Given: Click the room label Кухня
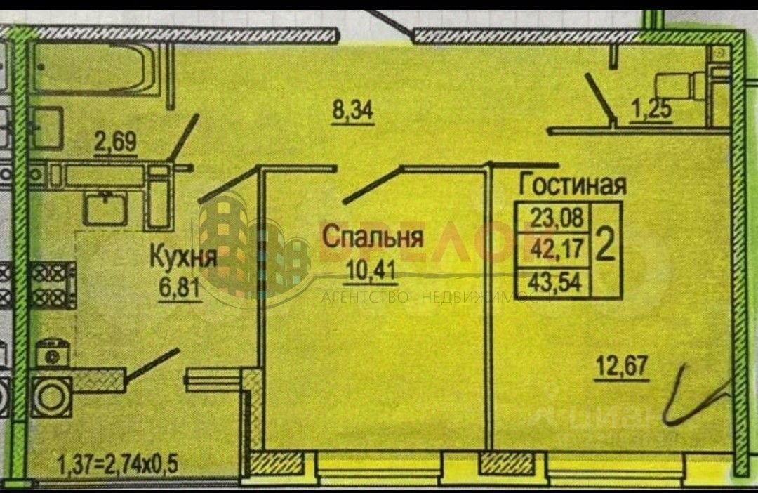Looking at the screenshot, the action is tap(182, 258).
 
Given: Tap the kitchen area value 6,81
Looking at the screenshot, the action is tap(182, 289).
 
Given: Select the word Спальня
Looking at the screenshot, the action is tap(373, 237).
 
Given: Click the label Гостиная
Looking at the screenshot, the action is tap(572, 185).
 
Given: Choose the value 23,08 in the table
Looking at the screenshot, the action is tap(556, 217).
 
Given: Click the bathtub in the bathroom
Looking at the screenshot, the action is tap(95, 67).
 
